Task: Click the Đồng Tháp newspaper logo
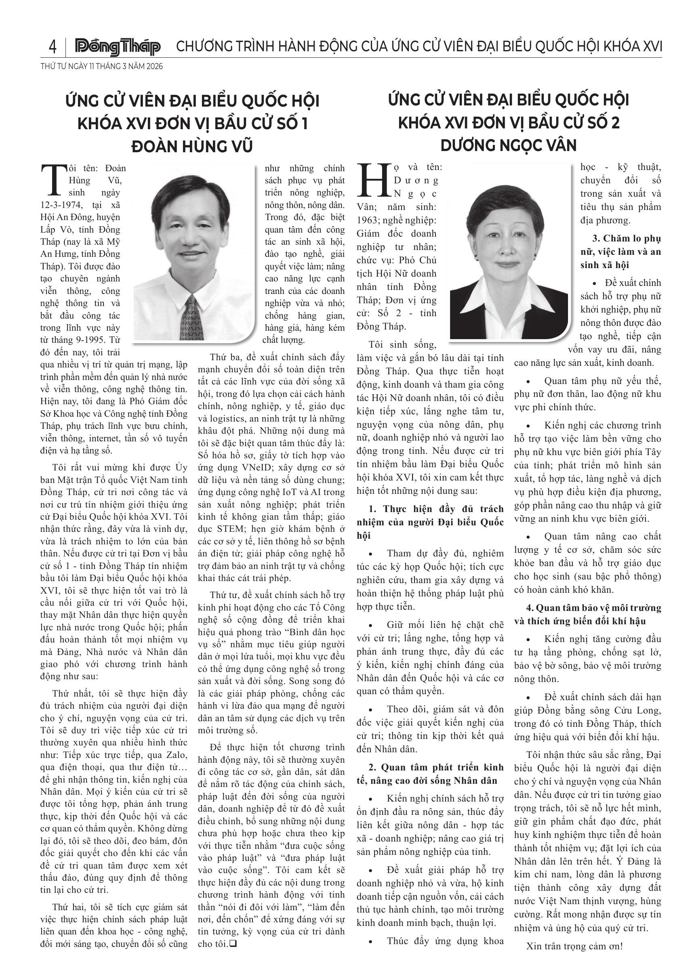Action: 118,47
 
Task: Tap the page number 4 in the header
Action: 53,46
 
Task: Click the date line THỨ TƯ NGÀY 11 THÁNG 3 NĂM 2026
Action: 101,67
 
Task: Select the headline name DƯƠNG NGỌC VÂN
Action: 508,146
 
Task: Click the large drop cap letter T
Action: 53,179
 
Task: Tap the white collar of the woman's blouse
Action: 509,304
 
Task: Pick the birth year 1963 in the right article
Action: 367,220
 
